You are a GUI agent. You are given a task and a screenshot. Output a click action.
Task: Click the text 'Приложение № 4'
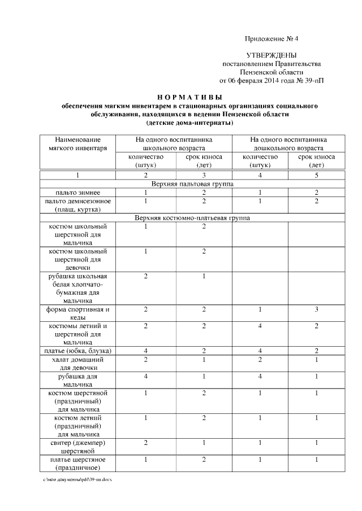[271, 39]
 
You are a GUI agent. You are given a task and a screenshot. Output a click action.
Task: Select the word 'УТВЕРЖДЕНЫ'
[271, 55]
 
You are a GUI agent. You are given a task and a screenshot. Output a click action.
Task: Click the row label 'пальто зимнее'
[77, 193]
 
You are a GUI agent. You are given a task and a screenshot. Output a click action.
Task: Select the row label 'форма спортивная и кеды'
[77, 313]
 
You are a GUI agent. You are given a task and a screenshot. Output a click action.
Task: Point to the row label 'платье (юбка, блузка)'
[77, 351]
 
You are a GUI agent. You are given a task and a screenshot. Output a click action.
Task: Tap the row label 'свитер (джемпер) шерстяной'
[77, 447]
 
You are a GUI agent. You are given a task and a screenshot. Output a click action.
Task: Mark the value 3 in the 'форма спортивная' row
[316, 309]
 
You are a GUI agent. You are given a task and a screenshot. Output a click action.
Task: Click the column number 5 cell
[316, 176]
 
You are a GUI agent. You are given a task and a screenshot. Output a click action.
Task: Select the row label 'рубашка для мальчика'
[77, 381]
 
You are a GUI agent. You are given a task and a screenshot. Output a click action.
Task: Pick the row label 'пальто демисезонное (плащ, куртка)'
[77, 205]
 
